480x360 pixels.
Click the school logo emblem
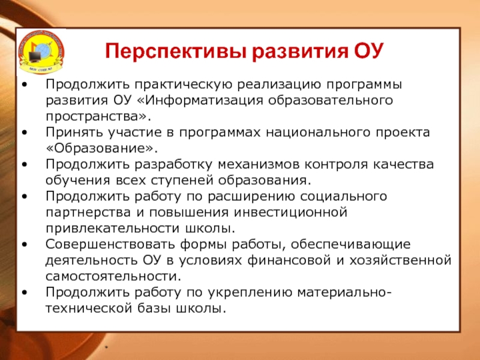click(41, 52)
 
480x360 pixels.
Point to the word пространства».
click(98, 117)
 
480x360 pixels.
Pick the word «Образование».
click(101, 148)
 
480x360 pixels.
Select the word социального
click(343, 197)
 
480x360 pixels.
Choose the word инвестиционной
click(290, 212)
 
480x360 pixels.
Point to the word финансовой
click(289, 260)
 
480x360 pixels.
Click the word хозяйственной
click(401, 260)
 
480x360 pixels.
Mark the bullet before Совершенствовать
click(25, 244)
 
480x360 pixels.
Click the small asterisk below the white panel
click(107, 347)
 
